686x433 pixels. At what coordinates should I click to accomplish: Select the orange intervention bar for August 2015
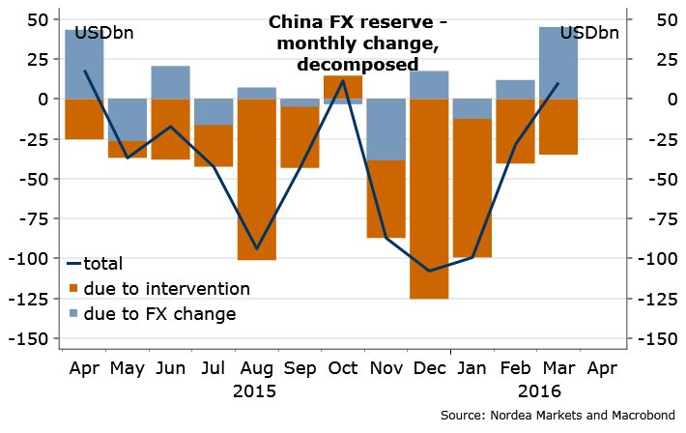(x=256, y=179)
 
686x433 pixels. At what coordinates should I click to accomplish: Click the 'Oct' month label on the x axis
(x=342, y=368)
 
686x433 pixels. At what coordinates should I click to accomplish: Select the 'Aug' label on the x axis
(x=256, y=368)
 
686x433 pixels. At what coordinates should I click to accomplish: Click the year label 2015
(x=255, y=391)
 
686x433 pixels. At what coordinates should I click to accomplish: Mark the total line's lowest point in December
(x=428, y=271)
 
